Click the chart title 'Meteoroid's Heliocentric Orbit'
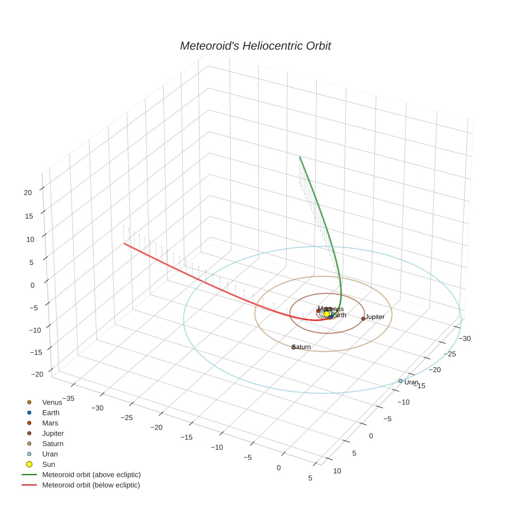255,46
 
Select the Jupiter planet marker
363,318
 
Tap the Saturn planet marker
293,347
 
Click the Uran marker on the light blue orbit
400,381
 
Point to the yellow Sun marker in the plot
327,314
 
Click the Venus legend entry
51,402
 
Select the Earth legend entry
50,413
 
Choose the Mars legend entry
50,423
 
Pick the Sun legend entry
48,464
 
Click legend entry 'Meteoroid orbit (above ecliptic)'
91,475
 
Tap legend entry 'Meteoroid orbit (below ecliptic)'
91,485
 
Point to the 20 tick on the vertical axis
28,192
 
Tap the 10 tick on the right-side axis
337,471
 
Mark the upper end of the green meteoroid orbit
300,156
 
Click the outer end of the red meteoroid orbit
124,243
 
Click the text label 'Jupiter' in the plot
374,317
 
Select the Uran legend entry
50,454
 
